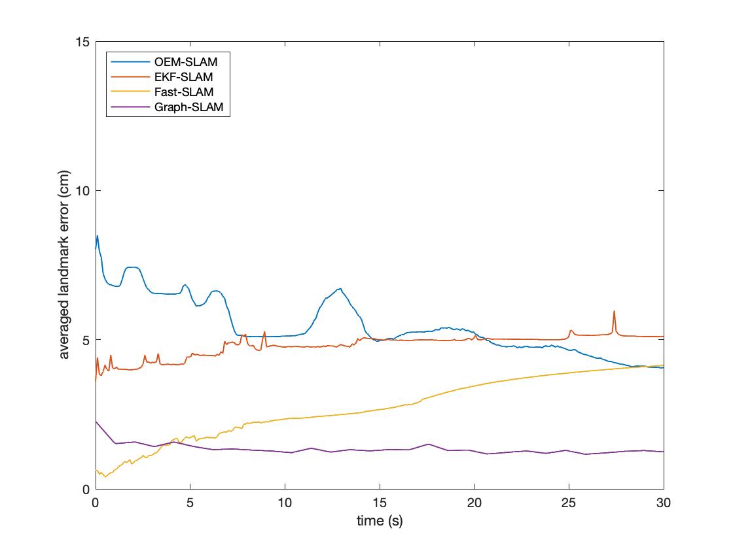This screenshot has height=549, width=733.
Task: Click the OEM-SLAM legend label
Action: tap(186, 63)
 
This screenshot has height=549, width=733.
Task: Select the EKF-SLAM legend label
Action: tap(184, 78)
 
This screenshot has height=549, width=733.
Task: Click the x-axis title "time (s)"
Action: tap(380, 521)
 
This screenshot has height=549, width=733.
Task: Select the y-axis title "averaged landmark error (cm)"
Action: tap(65, 265)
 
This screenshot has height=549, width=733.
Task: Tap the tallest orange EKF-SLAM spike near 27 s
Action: tap(614, 311)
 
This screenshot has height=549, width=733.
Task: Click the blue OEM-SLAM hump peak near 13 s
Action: tap(340, 289)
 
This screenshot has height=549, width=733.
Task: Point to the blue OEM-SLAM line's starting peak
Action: tap(98, 236)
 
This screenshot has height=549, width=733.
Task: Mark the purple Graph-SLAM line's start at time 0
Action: tap(96, 422)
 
